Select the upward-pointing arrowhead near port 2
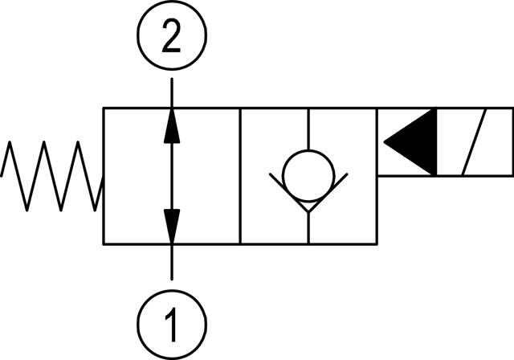[171, 127]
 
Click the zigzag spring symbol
[52, 176]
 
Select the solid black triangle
[411, 142]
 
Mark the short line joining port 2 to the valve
[171, 92]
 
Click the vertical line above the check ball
[309, 128]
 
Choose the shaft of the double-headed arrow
[171, 175]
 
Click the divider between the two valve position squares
[240, 175]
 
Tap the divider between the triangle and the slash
[436, 142]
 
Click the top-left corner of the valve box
[104, 108]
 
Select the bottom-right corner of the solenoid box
[512, 174]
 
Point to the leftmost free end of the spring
[2, 176]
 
